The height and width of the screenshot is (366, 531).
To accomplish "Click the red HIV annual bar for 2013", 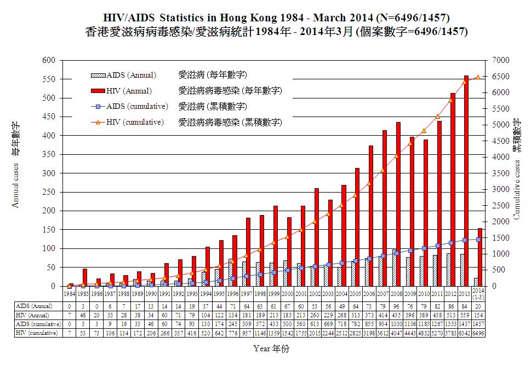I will pyautogui.click(x=466, y=181).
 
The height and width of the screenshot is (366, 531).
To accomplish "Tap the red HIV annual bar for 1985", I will pyautogui.click(x=84, y=277).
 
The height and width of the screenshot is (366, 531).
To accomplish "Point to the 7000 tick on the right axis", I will pyautogui.click(x=502, y=60).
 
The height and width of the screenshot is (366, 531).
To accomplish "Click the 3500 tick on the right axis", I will pyautogui.click(x=502, y=173).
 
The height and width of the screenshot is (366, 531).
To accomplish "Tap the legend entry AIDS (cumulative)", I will pyautogui.click(x=137, y=106).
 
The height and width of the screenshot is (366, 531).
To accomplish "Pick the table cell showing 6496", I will pyautogui.click(x=477, y=333).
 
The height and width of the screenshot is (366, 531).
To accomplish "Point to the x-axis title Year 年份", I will pyautogui.click(x=272, y=348).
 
